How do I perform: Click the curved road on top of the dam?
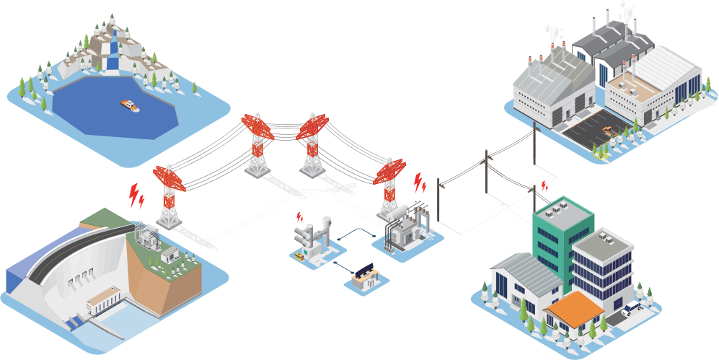click(x=72, y=245)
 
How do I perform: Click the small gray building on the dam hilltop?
click(x=170, y=253)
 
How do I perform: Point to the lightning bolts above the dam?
click(x=136, y=196)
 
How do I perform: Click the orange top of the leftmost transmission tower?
click(x=169, y=177)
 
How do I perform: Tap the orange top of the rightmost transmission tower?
click(x=389, y=171)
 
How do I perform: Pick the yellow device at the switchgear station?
click(x=297, y=255)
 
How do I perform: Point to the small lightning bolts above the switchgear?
click(x=300, y=216)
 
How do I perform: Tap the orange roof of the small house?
click(x=575, y=307)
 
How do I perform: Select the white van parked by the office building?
click(x=632, y=308)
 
